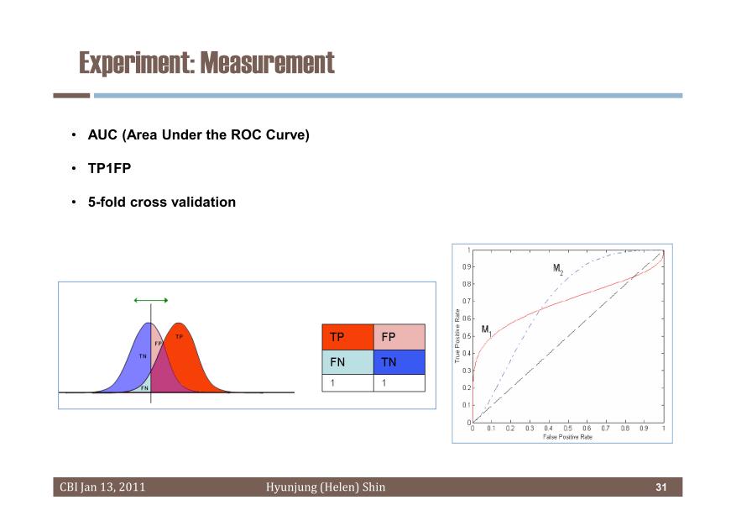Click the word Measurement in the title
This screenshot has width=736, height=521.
268,63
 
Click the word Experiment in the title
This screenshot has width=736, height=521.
135,63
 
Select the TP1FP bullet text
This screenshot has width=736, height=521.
109,168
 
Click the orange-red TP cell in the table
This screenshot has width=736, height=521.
347,337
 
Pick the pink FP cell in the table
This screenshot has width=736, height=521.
399,337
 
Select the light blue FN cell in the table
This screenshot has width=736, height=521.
347,362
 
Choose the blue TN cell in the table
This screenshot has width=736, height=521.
399,362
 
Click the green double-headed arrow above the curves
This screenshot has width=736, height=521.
151,300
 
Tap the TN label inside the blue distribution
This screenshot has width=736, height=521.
143,356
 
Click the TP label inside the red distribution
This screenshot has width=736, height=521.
179,337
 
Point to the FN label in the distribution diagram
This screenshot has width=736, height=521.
144,388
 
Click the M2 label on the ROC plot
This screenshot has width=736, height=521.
557,269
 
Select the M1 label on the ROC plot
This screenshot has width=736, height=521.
486,330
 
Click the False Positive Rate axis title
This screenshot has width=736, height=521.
567,437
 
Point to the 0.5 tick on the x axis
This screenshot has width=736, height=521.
567,429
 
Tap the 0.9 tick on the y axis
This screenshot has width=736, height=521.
467,267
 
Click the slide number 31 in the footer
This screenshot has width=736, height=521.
661,487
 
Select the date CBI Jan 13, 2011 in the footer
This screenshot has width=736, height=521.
102,487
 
